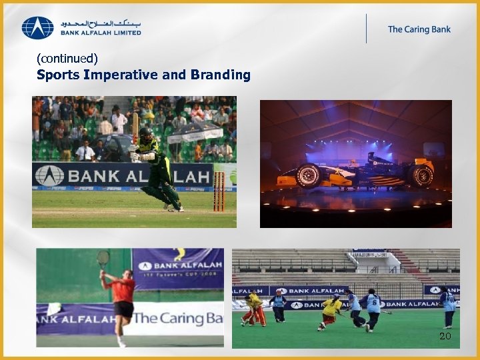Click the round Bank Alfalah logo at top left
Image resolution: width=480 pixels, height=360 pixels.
tap(37, 28)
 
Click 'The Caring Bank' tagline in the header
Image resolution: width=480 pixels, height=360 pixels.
tap(419, 29)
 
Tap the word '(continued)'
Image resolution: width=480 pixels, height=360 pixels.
tap(67, 59)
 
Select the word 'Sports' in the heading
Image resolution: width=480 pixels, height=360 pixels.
tap(59, 75)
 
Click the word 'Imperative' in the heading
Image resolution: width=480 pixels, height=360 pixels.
tap(121, 75)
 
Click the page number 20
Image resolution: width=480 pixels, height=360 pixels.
tap(445, 336)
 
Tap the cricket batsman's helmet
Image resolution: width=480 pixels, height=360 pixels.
tap(146, 133)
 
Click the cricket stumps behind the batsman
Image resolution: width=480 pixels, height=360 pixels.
tap(219, 191)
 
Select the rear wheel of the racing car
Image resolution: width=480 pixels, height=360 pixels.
tap(421, 175)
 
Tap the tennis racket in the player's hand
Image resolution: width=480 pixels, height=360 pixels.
tap(103, 258)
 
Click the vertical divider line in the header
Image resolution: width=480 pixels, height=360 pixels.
tap(366, 29)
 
